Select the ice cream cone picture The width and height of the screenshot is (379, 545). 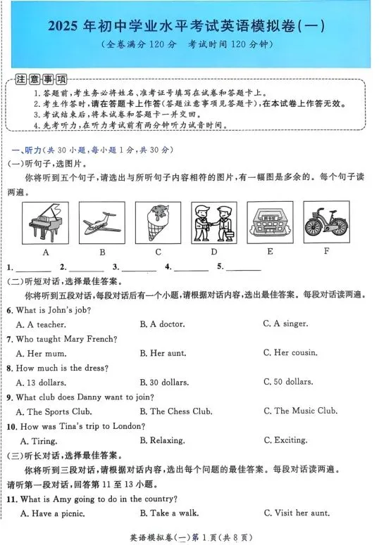[x=158, y=222]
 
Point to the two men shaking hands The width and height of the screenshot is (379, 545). [x=214, y=222]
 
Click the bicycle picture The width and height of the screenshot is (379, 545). [x=325, y=222]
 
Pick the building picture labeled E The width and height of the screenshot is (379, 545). [x=270, y=222]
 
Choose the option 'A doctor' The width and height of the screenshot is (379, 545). [x=166, y=324]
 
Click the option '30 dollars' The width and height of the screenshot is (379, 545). [x=167, y=382]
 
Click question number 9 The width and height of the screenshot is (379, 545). [x=10, y=397]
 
